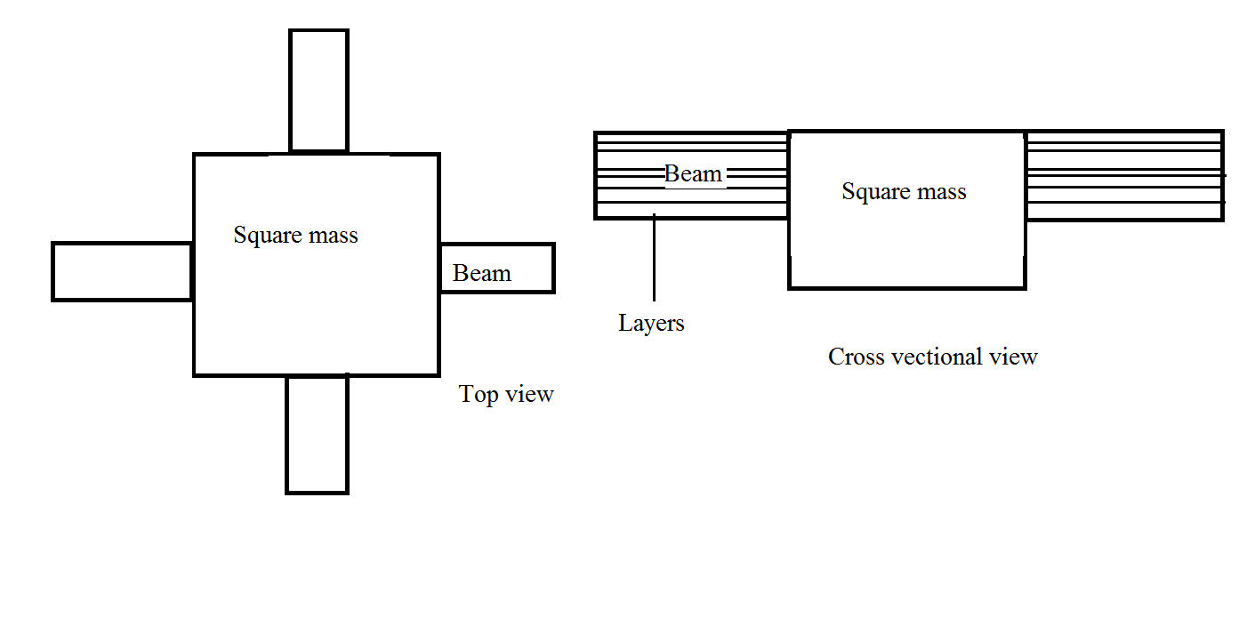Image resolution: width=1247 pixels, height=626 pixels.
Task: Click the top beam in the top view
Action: tap(318, 91)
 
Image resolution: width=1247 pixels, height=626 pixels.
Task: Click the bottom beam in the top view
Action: tap(317, 434)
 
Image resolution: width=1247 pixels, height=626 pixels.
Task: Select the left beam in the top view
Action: tap(123, 271)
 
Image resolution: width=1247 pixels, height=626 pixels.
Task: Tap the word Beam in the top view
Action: tap(482, 273)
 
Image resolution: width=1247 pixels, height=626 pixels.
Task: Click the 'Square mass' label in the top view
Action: tap(295, 236)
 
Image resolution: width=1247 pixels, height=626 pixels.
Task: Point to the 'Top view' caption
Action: tap(506, 394)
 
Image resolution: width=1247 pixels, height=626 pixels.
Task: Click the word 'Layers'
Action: tap(651, 323)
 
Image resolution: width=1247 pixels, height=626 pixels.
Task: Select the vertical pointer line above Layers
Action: tap(654, 258)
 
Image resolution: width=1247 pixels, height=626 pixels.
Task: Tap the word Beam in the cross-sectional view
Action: tap(693, 173)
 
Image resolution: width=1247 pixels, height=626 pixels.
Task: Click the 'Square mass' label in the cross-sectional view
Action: tap(904, 192)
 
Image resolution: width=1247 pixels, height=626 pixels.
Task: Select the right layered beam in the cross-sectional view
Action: tap(1124, 175)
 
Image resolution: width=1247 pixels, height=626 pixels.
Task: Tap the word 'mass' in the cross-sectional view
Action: tap(940, 192)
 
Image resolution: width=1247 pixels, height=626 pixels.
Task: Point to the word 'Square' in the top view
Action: tap(264, 237)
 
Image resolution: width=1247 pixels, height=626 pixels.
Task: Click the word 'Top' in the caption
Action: tap(478, 394)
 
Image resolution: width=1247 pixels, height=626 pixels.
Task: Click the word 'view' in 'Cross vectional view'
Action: tap(1015, 357)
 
